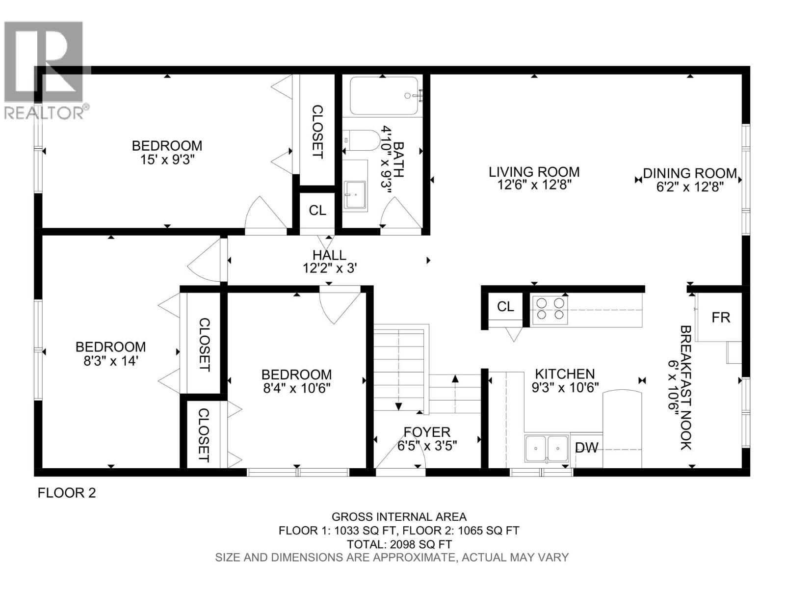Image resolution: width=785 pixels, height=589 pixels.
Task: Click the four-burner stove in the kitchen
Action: pos(549,309)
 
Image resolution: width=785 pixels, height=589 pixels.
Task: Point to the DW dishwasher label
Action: pos(586,447)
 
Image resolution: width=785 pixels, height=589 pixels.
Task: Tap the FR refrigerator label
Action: pos(721,318)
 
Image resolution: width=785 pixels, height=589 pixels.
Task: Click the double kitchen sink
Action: pos(547,448)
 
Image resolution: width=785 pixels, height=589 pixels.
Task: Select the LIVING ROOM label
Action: pos(534,172)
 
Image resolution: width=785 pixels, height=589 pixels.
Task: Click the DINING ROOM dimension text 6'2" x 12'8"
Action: pos(690,187)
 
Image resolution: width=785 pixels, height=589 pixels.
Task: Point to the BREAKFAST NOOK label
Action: pos(685,387)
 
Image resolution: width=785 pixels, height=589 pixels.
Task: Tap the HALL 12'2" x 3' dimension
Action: pos(329,268)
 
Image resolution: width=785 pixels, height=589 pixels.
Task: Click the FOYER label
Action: pos(427,432)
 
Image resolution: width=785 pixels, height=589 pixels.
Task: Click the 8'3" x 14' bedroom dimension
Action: pos(111,361)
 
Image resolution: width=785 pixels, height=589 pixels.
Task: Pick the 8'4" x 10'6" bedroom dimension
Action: pos(296,388)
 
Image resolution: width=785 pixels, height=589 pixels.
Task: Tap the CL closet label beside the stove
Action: pos(505,307)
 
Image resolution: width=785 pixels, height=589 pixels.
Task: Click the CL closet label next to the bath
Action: pos(317,210)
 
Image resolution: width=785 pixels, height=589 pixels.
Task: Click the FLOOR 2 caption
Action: pos(67,493)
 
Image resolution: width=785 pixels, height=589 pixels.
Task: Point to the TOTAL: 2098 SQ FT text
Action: pos(399,544)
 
